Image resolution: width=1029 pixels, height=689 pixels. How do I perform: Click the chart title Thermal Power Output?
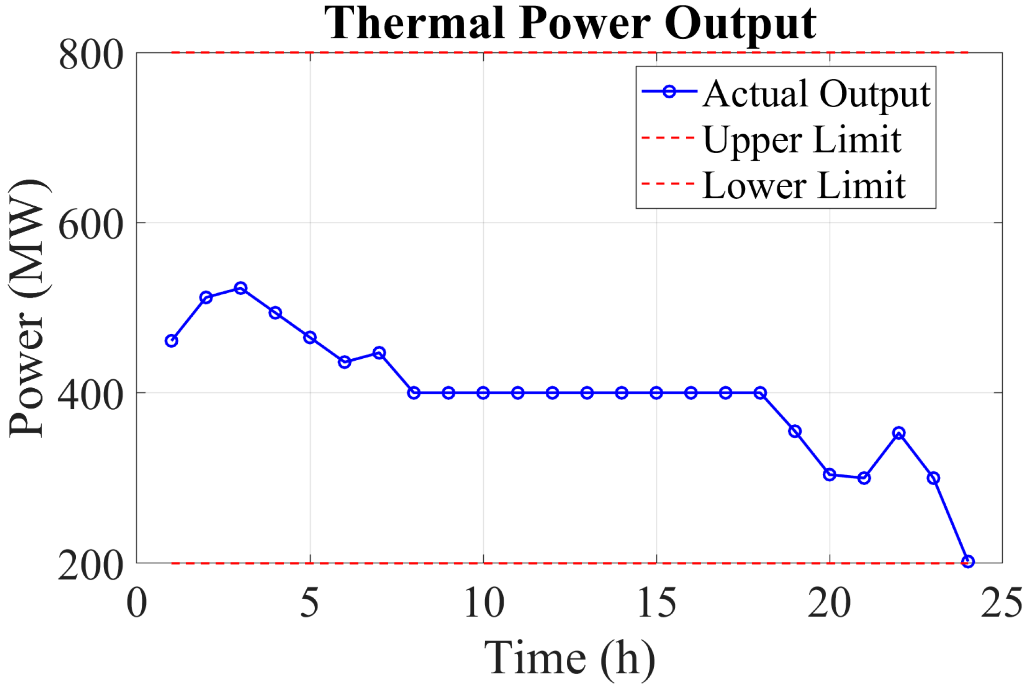pyautogui.click(x=570, y=23)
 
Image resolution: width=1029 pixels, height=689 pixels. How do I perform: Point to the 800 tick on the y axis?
pyautogui.click(x=91, y=55)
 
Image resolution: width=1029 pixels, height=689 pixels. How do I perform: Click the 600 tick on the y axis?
pyautogui.click(x=91, y=225)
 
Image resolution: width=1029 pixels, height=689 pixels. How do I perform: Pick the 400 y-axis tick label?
pyautogui.click(x=91, y=395)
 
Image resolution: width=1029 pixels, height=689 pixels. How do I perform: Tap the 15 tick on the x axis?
pyautogui.click(x=656, y=603)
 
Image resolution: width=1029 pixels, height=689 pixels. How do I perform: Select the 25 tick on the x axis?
pyautogui.click(x=1001, y=603)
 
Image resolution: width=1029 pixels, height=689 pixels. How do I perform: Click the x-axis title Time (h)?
pyautogui.click(x=569, y=658)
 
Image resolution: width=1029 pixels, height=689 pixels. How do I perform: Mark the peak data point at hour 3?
pyautogui.click(x=240, y=288)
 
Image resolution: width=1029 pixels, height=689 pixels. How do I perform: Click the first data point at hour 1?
pyautogui.click(x=171, y=341)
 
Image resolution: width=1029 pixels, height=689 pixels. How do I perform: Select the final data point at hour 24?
pyautogui.click(x=968, y=561)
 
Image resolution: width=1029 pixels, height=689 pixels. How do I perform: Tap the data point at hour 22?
pyautogui.click(x=899, y=433)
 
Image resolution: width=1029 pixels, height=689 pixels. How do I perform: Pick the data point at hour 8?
pyautogui.click(x=413, y=392)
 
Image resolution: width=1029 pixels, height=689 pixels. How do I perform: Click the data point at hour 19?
pyautogui.click(x=795, y=431)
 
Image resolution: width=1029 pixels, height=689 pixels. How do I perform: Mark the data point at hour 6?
pyautogui.click(x=344, y=362)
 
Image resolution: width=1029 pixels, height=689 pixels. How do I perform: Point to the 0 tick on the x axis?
pyautogui.click(x=137, y=603)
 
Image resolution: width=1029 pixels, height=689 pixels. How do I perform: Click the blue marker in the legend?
pyautogui.click(x=669, y=91)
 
